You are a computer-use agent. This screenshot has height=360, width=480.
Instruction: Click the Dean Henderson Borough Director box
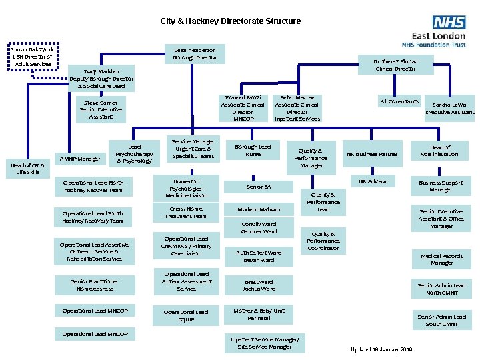pos(195,53)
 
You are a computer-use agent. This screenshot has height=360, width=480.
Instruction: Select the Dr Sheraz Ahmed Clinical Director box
pos(395,65)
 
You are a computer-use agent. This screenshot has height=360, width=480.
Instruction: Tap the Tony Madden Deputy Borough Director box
pos(101,79)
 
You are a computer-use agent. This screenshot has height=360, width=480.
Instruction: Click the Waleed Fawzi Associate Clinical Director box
pos(243,108)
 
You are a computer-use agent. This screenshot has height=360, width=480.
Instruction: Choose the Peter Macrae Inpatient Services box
pos(297,108)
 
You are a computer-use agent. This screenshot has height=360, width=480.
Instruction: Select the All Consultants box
pos(399,101)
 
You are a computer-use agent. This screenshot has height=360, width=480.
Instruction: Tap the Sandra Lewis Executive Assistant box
pos(450,109)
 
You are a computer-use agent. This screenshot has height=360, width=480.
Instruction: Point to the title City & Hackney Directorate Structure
pos(230,21)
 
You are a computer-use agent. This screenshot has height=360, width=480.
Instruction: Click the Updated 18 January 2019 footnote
pos(381,349)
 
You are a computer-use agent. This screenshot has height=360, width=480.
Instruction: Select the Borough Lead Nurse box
pos(253,151)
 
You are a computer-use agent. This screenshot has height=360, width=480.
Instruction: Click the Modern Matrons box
pos(259,209)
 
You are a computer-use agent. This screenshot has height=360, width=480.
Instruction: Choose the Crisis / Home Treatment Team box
pos(186,212)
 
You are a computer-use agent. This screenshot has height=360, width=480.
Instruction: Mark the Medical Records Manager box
pos(441,259)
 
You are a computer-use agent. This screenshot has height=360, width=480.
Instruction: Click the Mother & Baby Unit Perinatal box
pos(259,314)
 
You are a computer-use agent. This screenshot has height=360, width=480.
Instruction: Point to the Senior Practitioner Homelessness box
pos(93,285)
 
